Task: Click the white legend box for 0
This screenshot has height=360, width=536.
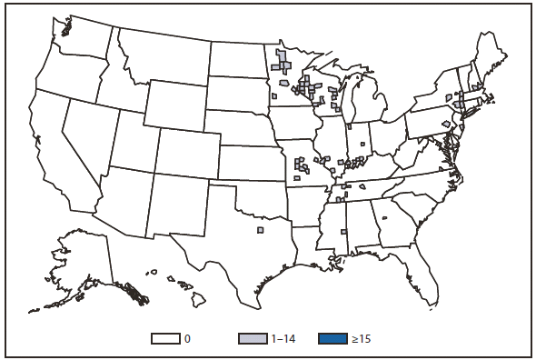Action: click(165, 339)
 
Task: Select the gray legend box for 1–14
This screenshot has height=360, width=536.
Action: click(250, 339)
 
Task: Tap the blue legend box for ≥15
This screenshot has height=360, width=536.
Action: click(332, 339)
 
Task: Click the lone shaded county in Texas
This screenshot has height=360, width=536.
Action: click(261, 230)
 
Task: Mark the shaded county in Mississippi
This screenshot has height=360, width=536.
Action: click(344, 232)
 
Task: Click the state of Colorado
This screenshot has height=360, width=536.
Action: click(185, 151)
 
